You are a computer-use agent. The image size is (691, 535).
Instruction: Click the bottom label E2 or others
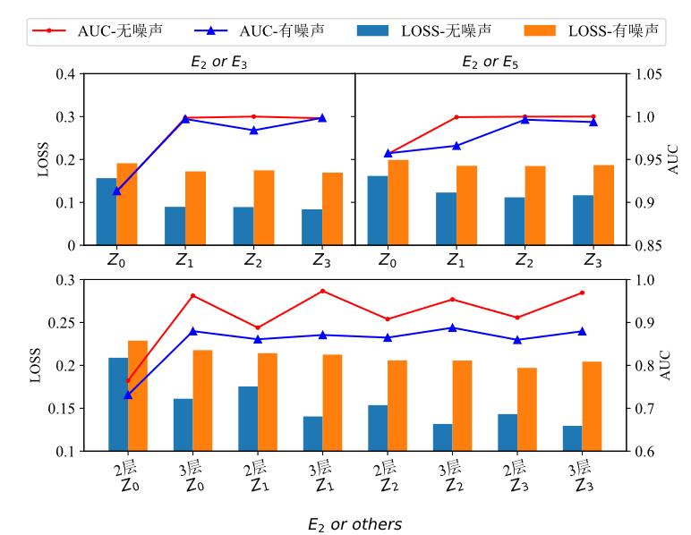click(x=354, y=523)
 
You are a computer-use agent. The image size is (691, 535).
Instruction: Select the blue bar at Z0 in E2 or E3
click(x=107, y=211)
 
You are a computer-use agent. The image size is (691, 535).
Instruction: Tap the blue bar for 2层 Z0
click(x=118, y=404)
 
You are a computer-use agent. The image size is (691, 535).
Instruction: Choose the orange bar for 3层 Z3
click(x=592, y=406)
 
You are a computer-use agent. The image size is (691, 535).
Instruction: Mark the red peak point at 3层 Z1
click(x=322, y=291)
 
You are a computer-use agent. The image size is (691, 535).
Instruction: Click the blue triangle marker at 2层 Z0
click(x=128, y=395)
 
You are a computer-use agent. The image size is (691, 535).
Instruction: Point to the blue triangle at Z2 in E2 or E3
click(x=253, y=130)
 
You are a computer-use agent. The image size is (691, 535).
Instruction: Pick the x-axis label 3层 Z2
click(x=450, y=476)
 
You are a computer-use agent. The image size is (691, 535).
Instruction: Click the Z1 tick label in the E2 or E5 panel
click(x=456, y=260)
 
